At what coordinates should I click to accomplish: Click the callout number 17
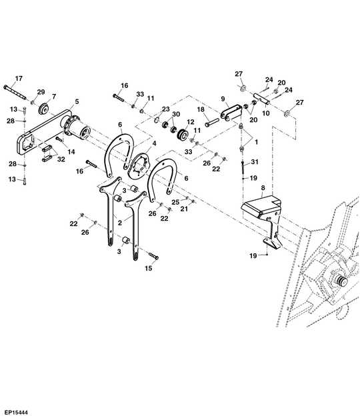coord(19,78)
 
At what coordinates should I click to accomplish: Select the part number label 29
coord(41,92)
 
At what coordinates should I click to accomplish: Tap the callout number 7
coord(54,96)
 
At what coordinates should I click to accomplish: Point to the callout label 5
coord(77,102)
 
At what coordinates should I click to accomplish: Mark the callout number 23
coord(166,109)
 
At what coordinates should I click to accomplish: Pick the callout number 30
coord(176,115)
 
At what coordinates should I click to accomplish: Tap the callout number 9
coord(223,99)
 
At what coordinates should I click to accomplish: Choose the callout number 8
coord(263,189)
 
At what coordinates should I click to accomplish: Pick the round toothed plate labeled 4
coord(141,165)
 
